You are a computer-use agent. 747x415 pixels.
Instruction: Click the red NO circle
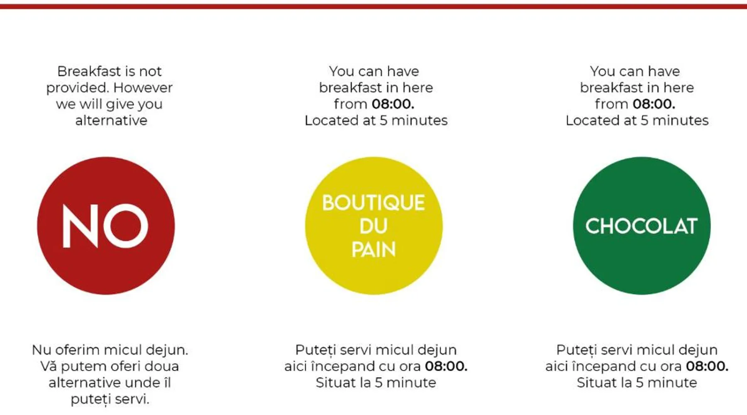pyautogui.click(x=106, y=226)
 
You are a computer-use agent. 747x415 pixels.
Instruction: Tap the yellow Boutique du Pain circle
pyautogui.click(x=374, y=226)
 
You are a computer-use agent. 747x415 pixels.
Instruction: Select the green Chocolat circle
pyautogui.click(x=642, y=226)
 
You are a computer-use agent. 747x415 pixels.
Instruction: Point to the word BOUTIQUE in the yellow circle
pyautogui.click(x=373, y=203)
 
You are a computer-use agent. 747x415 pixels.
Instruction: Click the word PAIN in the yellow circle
pyautogui.click(x=373, y=249)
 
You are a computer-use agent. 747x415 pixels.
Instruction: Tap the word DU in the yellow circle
pyautogui.click(x=373, y=226)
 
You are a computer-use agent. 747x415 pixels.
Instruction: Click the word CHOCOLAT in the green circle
pyautogui.click(x=642, y=226)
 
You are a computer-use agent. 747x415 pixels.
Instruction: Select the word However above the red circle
pyautogui.click(x=143, y=88)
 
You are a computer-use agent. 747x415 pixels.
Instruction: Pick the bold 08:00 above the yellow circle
pyautogui.click(x=393, y=104)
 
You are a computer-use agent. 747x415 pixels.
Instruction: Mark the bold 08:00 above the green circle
pyautogui.click(x=654, y=104)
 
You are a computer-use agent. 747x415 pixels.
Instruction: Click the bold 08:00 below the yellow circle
pyautogui.click(x=446, y=366)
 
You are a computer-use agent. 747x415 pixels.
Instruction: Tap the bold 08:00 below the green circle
pyautogui.click(x=707, y=366)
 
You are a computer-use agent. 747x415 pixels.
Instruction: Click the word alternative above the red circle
pyautogui.click(x=111, y=120)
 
